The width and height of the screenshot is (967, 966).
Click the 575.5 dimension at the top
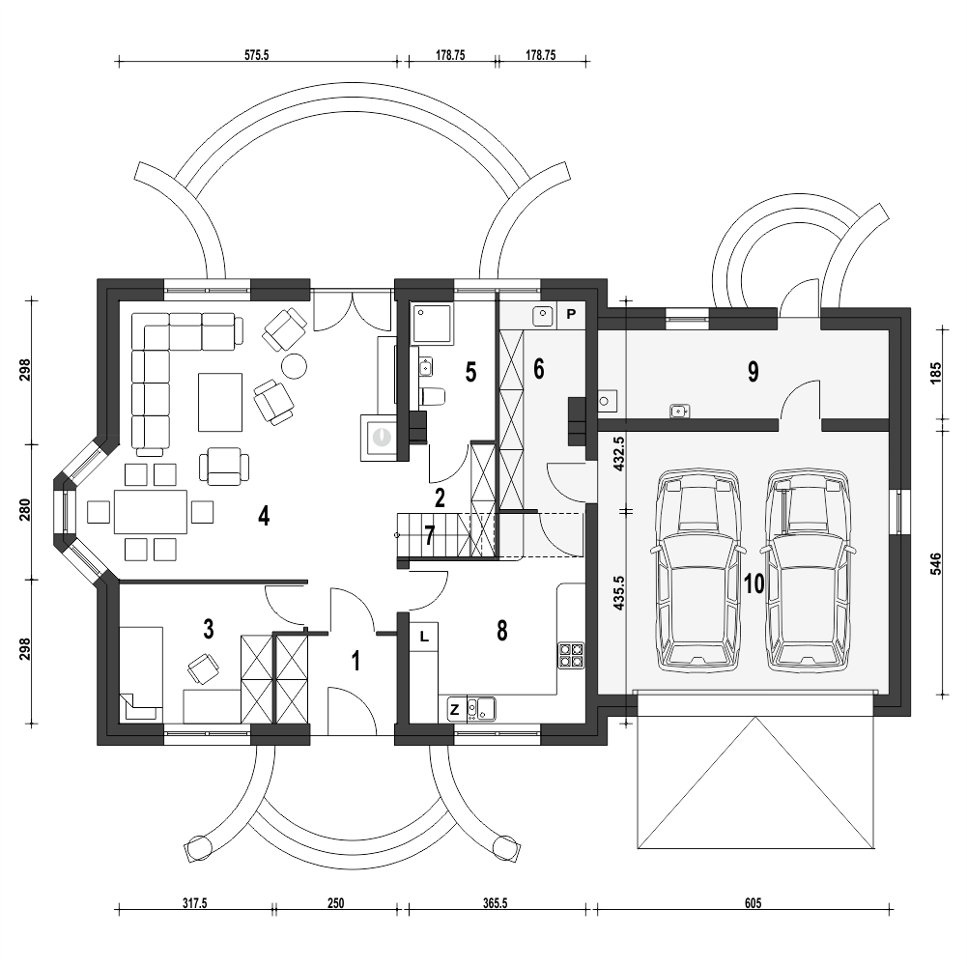click(257, 55)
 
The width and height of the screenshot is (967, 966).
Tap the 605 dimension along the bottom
click(753, 903)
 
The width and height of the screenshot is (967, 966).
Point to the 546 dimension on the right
click(935, 564)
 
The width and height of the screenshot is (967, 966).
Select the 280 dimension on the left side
click(25, 510)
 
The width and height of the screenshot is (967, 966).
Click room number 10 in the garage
click(754, 582)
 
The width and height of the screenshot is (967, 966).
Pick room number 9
click(753, 371)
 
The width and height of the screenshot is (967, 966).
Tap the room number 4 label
click(264, 516)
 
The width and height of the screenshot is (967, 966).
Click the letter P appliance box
click(571, 314)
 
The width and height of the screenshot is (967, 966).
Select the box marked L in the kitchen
click(424, 637)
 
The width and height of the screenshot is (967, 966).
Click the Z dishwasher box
click(454, 709)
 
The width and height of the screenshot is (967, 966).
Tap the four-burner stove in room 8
click(571, 655)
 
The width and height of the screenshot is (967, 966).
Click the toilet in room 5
click(431, 396)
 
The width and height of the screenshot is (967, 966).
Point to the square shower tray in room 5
click(433, 324)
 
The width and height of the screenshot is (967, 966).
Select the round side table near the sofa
click(295, 366)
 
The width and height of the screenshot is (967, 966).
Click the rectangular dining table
click(151, 512)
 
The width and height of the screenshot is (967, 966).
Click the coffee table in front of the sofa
click(220, 402)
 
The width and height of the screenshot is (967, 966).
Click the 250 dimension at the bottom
click(335, 903)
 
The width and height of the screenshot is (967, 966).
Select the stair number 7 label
click(430, 535)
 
